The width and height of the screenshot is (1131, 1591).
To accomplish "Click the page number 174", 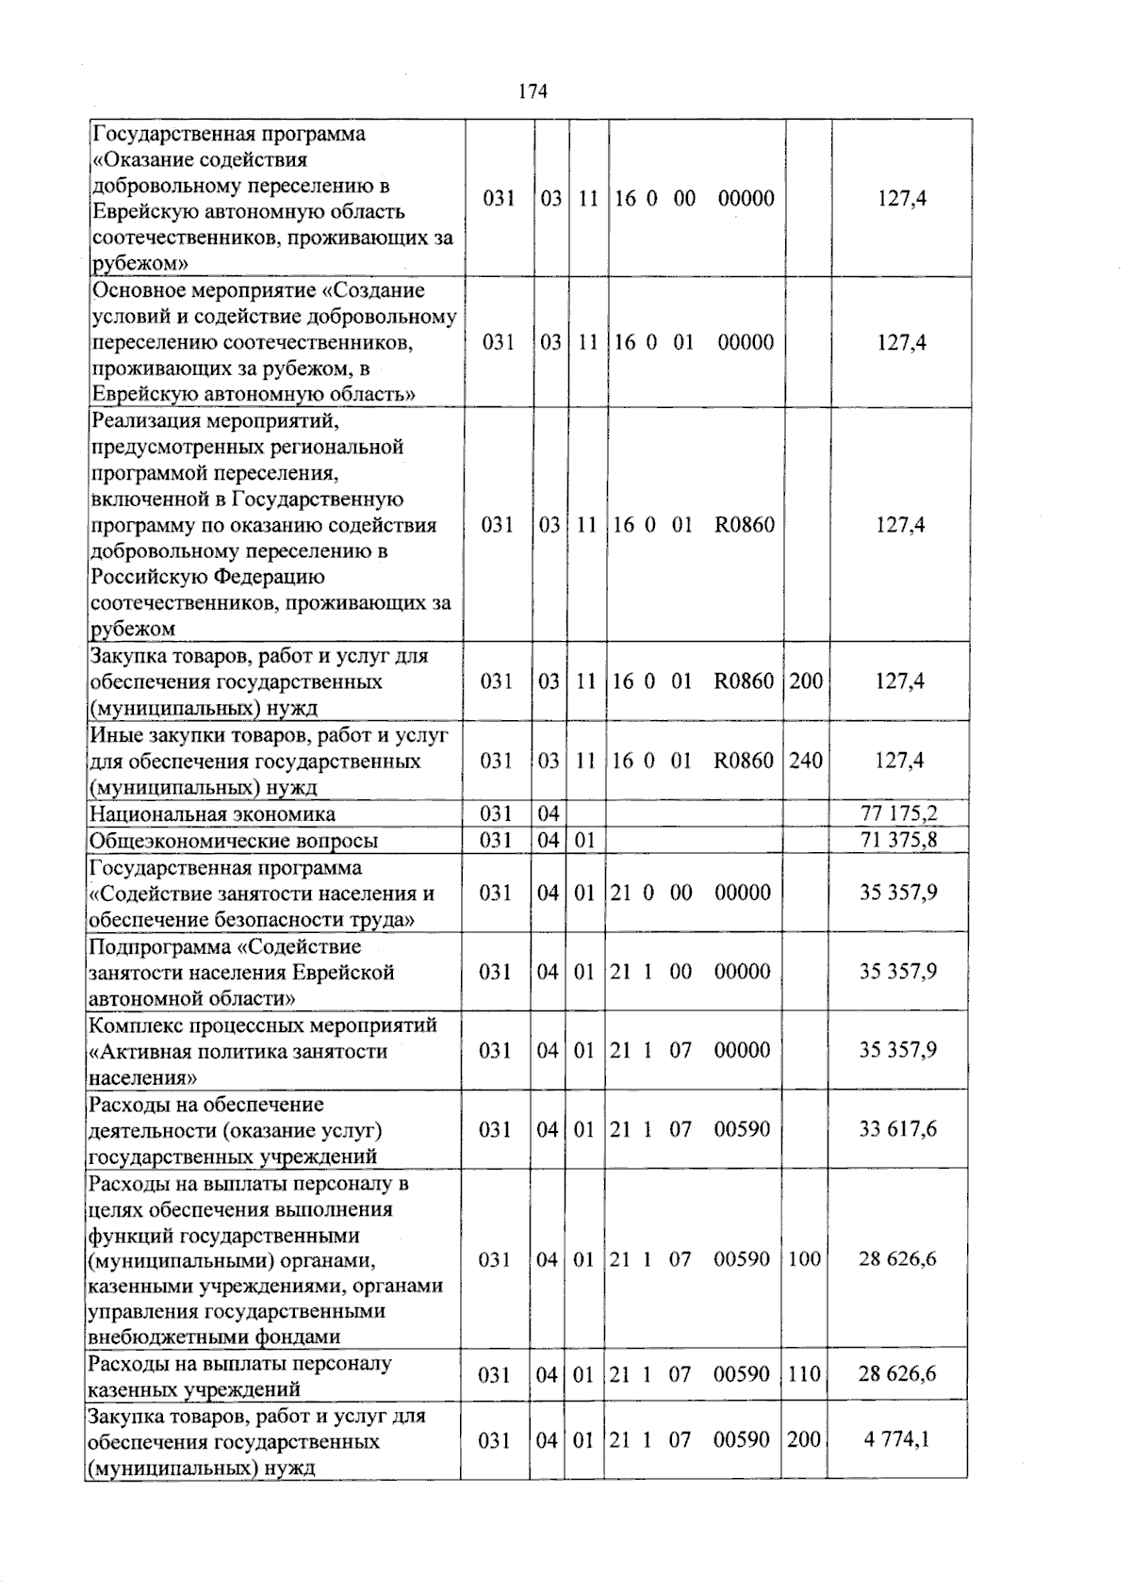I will [x=533, y=91].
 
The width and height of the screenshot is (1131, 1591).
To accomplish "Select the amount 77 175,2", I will [x=898, y=813].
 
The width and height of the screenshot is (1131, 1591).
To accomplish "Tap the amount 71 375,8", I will [x=898, y=840].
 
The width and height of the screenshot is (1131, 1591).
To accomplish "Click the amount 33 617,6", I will [x=897, y=1129].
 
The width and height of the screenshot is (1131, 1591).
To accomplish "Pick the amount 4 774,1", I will [x=896, y=1440].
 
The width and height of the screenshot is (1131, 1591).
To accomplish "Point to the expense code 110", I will [x=804, y=1374].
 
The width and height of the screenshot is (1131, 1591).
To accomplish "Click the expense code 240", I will [x=806, y=760].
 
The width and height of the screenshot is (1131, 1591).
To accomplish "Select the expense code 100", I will [x=804, y=1259].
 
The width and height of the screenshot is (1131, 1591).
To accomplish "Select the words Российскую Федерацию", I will [x=207, y=577].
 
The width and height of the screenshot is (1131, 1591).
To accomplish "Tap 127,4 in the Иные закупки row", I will [x=899, y=760].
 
